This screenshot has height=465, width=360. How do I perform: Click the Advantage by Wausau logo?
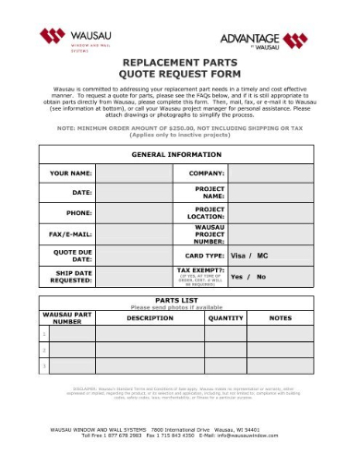click(x=263, y=40)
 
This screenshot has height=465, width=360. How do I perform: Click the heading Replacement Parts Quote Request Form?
click(x=181, y=67)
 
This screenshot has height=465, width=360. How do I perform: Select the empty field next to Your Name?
click(x=133, y=173)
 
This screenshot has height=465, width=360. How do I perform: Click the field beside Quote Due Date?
click(x=133, y=255)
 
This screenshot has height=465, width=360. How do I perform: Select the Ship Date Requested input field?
click(x=133, y=276)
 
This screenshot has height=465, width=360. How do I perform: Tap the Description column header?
click(x=150, y=317)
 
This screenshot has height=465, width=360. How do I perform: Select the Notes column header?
click(x=280, y=317)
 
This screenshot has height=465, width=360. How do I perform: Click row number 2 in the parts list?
click(x=44, y=351)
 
